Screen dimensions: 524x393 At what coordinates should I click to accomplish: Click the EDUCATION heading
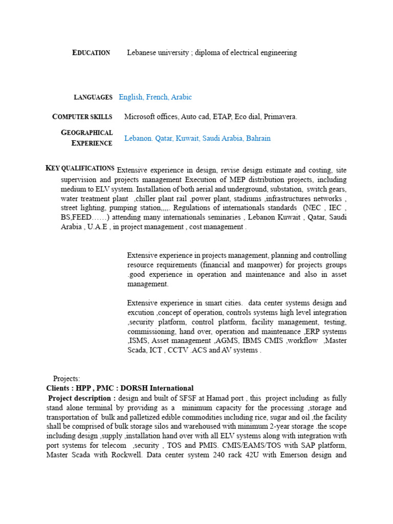point(92,53)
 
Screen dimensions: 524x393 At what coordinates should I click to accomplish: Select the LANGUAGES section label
point(93,97)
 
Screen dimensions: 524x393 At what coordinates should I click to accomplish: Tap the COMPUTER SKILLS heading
point(82,117)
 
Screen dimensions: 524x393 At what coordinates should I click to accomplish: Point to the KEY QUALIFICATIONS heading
point(80,168)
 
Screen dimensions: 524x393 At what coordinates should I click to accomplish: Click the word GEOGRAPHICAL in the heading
point(87,133)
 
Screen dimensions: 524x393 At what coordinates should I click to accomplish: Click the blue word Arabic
point(181,97)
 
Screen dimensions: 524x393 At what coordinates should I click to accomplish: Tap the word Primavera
point(280,117)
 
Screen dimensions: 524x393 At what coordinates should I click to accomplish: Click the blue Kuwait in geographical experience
point(187,138)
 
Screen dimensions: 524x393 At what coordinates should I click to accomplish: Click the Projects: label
point(67,379)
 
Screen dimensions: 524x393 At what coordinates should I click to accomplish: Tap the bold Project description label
point(82,398)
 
